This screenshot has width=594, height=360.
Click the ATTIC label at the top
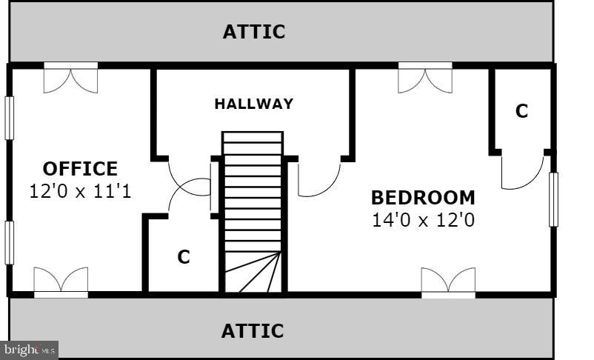[254, 32]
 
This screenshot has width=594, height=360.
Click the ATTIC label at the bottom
[253, 330]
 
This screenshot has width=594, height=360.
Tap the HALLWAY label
[253, 104]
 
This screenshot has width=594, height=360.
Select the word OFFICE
[80, 169]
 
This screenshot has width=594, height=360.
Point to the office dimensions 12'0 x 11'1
[79, 191]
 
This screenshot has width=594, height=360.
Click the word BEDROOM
[423, 198]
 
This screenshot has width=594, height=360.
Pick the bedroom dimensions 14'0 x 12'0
[423, 219]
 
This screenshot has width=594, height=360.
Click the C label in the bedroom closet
[521, 111]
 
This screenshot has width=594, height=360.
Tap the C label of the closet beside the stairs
[184, 257]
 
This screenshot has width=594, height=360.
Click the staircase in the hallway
[253, 212]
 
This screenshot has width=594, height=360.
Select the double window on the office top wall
[70, 78]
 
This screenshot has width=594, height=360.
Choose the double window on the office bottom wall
[61, 282]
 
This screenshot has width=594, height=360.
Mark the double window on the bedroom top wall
[425, 78]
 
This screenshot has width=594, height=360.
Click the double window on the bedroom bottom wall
[448, 282]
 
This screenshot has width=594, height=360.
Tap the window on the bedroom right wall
[553, 199]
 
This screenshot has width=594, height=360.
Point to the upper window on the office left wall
[10, 118]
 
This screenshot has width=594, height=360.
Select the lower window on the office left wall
[10, 242]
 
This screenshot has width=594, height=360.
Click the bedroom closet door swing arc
[522, 172]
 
